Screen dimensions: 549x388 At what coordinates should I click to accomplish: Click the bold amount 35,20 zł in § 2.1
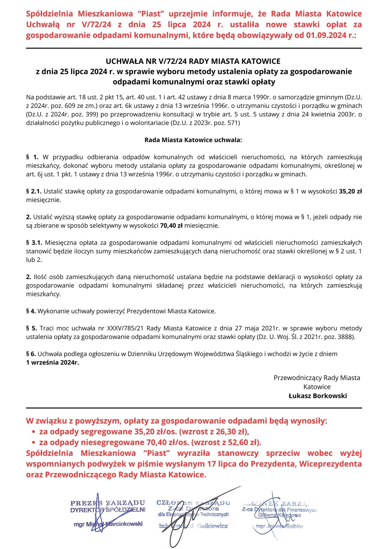point(350,191)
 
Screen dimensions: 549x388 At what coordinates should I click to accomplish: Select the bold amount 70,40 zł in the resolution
point(171,226)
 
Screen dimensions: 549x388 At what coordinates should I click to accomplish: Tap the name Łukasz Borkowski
point(318,396)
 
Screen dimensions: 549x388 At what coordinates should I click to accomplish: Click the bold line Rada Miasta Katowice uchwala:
point(193,140)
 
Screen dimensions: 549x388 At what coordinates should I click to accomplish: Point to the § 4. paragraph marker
point(31,311)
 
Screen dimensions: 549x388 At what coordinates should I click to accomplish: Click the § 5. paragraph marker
point(32,328)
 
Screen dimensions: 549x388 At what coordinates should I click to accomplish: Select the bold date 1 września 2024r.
point(52,362)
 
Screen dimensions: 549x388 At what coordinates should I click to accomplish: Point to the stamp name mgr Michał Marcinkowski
point(108,524)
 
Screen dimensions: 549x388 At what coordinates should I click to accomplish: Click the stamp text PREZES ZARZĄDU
point(108,503)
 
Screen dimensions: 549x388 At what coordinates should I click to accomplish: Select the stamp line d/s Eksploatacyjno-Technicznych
point(193,514)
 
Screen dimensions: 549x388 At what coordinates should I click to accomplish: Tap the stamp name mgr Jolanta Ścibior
point(279,526)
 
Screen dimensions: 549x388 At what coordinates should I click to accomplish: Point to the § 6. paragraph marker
point(31,354)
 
